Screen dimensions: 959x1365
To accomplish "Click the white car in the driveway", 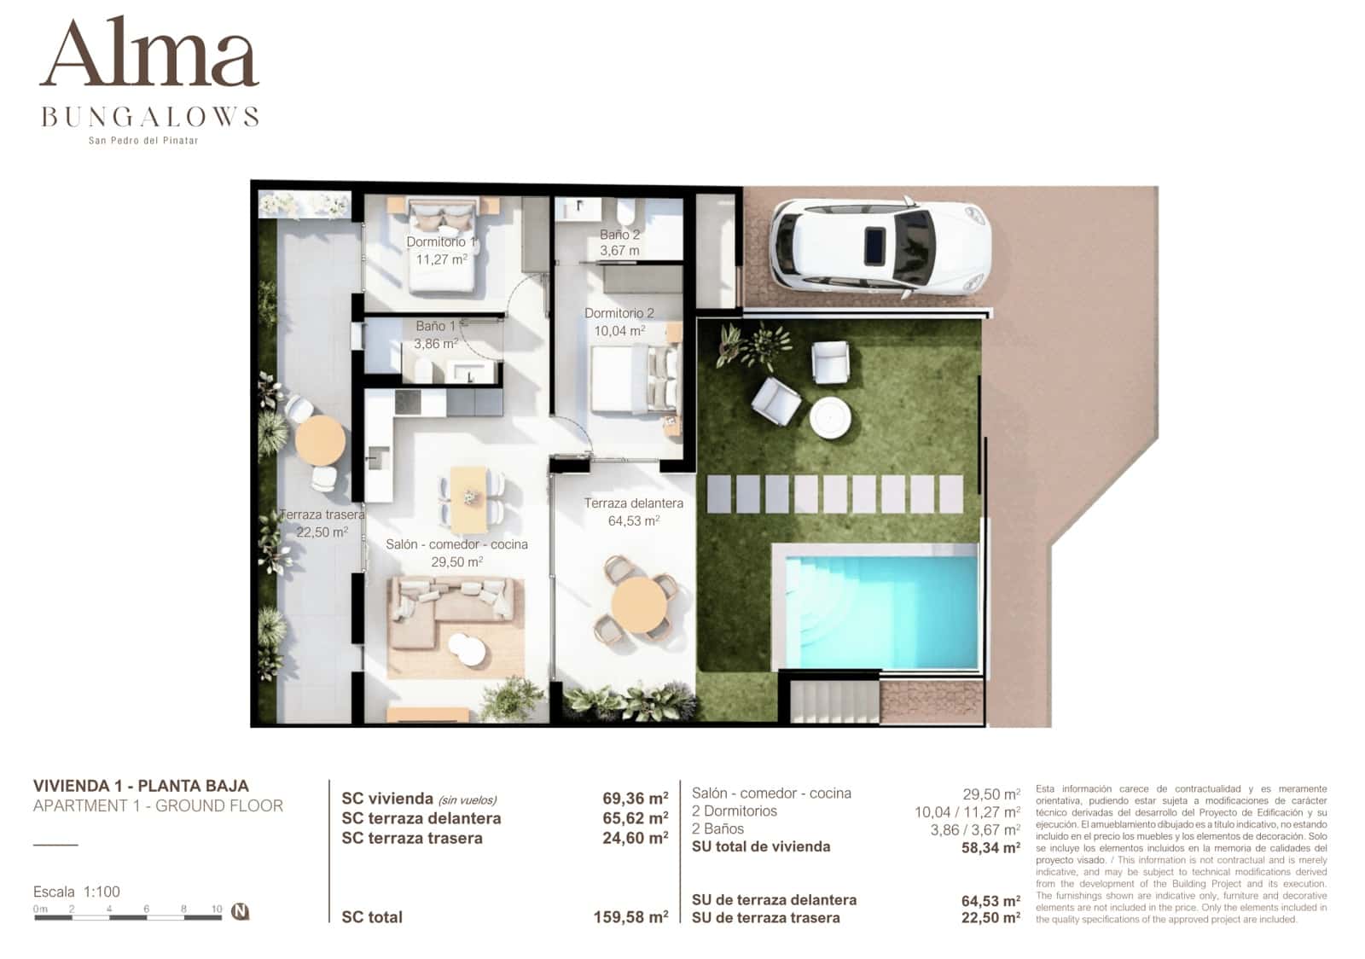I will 879,248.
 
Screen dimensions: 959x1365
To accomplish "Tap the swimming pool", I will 875,608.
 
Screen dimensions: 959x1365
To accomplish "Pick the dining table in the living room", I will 470,498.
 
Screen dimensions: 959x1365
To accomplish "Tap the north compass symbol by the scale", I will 241,911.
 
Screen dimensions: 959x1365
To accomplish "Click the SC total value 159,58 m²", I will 630,917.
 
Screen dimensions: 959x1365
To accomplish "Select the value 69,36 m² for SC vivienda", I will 635,799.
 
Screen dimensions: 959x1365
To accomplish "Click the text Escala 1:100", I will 77,892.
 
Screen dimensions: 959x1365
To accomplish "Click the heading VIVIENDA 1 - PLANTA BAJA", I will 141,786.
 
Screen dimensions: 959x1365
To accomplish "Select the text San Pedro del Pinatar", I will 143,141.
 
